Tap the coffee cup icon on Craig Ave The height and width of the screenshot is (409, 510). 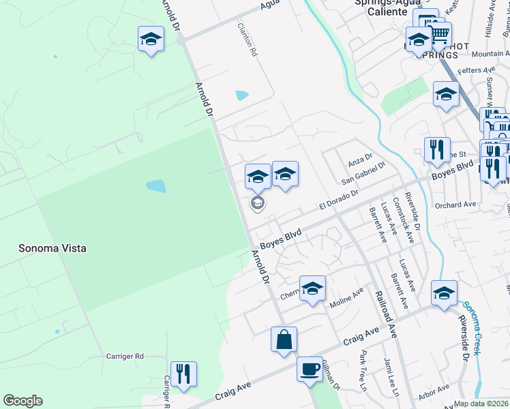[x=310, y=369]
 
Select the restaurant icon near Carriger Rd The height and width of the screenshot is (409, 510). [x=183, y=374]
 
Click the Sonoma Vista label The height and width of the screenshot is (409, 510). [x=52, y=248]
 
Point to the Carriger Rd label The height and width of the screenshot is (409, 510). [x=125, y=356]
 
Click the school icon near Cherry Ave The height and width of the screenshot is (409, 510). [x=312, y=288]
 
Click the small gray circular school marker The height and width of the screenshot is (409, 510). [x=258, y=202]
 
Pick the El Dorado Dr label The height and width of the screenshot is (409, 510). [x=339, y=200]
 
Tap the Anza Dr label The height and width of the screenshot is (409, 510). [x=357, y=159]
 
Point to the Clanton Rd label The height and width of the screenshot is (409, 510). [x=247, y=40]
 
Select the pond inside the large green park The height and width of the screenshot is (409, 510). [x=155, y=185]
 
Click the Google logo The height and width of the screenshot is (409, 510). [x=22, y=401]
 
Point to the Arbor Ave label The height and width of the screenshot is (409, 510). [x=434, y=391]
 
